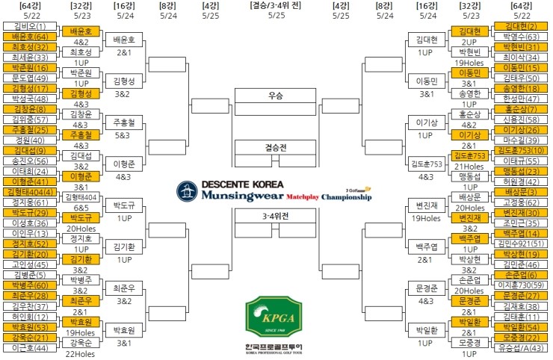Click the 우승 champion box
[276, 96]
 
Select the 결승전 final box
[276, 147]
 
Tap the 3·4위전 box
[276, 216]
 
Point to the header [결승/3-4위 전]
[276, 5]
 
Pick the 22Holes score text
[80, 354]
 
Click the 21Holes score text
[469, 167]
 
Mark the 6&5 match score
[80, 208]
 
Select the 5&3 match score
[123, 136]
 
